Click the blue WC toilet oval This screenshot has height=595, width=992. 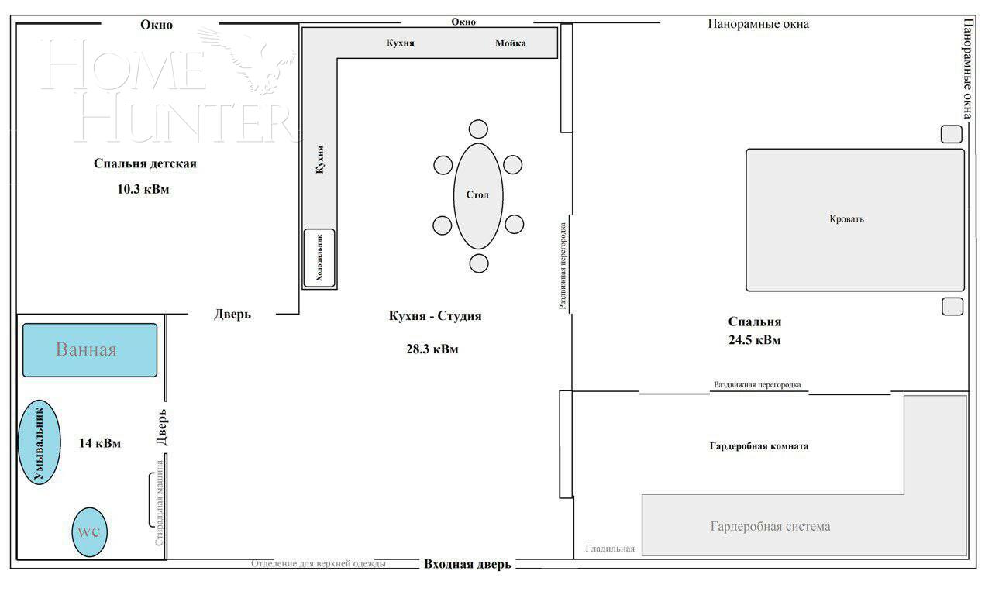point(89,532)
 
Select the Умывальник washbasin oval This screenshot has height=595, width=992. point(39,442)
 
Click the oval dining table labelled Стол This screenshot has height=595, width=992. point(478,195)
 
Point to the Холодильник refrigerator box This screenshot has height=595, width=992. point(319,258)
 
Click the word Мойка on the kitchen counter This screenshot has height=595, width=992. point(511,43)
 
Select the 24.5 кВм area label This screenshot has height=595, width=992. point(754,339)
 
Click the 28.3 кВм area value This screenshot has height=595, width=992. point(432,349)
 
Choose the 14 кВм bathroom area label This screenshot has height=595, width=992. point(100,443)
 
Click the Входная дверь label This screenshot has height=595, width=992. point(467,564)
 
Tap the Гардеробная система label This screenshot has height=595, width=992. point(770,527)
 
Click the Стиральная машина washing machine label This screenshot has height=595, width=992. point(160,503)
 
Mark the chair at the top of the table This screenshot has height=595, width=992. point(478,129)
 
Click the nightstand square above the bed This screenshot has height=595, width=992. point(951,134)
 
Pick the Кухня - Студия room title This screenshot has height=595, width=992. point(435,316)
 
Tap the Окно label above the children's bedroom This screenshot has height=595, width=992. point(157,25)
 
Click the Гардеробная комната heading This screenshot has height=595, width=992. point(759,446)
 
